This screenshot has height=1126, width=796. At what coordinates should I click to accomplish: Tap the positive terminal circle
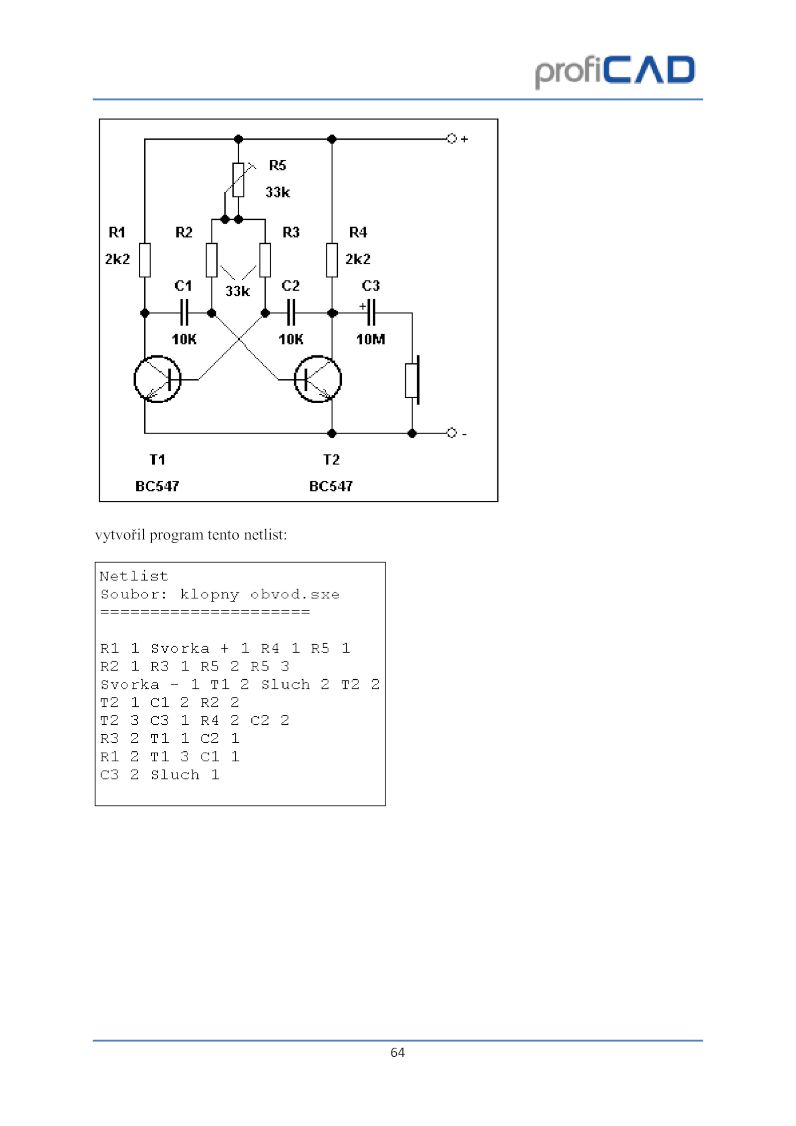click(x=451, y=138)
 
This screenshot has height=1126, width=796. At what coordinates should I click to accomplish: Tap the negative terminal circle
click(x=451, y=433)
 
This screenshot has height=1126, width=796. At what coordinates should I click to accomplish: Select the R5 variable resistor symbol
click(x=239, y=179)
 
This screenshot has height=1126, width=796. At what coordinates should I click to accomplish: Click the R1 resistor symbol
click(x=145, y=260)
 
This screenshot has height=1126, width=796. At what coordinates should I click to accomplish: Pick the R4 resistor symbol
click(x=332, y=260)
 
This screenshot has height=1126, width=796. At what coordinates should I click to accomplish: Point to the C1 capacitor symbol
click(x=184, y=313)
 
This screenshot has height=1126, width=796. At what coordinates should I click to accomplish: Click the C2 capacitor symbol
click(x=291, y=313)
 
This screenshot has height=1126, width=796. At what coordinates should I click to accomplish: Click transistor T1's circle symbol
click(x=157, y=379)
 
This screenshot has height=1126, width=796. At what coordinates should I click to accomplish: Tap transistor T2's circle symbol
click(x=318, y=379)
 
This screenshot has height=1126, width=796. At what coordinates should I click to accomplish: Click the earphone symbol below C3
click(x=412, y=380)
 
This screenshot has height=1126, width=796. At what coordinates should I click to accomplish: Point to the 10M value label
click(x=371, y=339)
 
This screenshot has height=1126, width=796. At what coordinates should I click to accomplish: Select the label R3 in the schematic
click(x=291, y=232)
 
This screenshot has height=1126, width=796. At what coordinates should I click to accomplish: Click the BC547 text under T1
click(x=157, y=486)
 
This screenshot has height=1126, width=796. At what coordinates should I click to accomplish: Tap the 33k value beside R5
click(x=278, y=192)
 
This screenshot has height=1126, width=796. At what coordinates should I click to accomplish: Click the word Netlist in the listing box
click(x=134, y=576)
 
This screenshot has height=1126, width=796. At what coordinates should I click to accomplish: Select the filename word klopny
click(x=209, y=594)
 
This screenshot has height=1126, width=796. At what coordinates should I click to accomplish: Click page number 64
click(x=398, y=1052)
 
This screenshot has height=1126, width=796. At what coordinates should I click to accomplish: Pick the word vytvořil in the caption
click(x=120, y=535)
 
